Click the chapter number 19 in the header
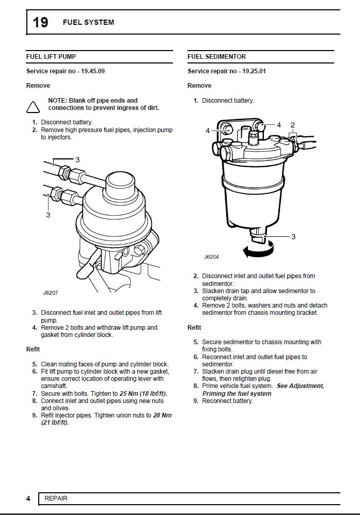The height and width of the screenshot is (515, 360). [41, 22]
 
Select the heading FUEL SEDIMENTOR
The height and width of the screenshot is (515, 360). [216, 57]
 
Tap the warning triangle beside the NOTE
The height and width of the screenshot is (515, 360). [33, 107]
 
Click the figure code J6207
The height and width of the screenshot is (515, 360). [51, 293]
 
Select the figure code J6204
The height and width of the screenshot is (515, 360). [211, 256]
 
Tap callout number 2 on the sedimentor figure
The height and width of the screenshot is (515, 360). [293, 125]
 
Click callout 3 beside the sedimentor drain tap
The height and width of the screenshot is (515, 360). [293, 237]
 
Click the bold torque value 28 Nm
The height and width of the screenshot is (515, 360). [162, 415]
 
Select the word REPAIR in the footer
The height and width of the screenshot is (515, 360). [56, 498]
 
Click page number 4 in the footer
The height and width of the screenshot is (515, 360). [28, 498]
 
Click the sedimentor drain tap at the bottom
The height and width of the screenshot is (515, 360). [259, 237]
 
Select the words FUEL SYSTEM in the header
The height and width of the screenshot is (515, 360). [88, 22]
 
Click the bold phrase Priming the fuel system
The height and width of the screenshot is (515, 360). [237, 393]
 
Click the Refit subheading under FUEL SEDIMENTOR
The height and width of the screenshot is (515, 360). [194, 328]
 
